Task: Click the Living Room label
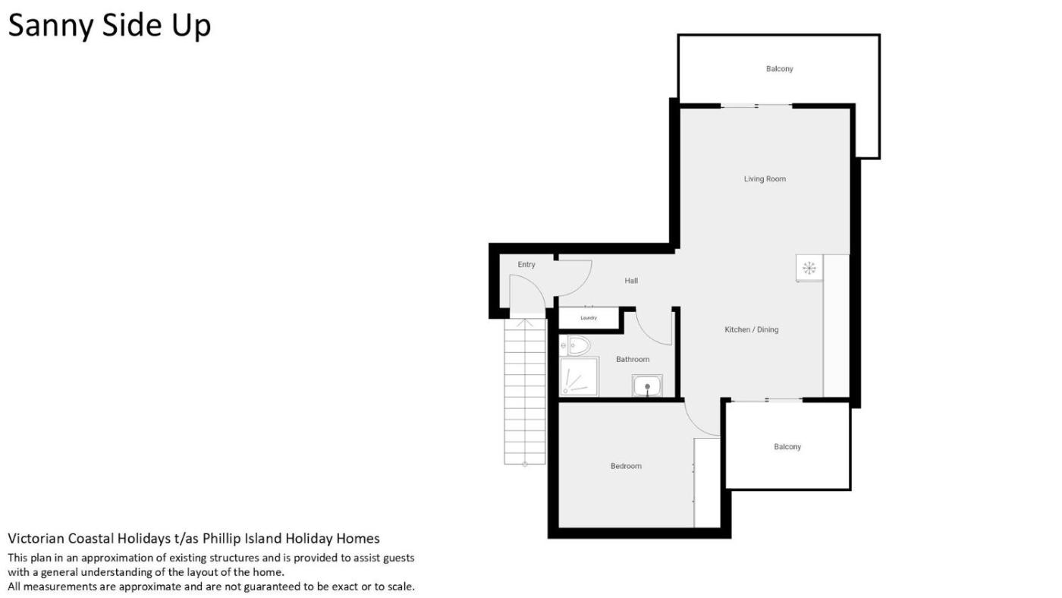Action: click(x=765, y=179)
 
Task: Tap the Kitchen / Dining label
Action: click(x=752, y=329)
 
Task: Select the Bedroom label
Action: click(x=626, y=466)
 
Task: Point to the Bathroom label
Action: click(x=633, y=360)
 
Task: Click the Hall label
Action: click(x=631, y=281)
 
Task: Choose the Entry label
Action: click(x=526, y=265)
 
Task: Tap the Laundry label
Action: click(x=589, y=318)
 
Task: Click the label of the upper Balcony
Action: click(x=780, y=69)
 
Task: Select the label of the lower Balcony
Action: click(x=787, y=447)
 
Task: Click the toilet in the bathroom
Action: click(x=576, y=346)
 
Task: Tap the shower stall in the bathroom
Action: click(x=579, y=376)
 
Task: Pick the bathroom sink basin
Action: click(x=647, y=385)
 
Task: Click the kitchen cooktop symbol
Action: click(x=809, y=268)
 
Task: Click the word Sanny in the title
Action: click(x=51, y=26)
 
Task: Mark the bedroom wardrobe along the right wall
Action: click(x=707, y=483)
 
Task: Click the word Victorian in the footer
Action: click(x=36, y=539)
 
